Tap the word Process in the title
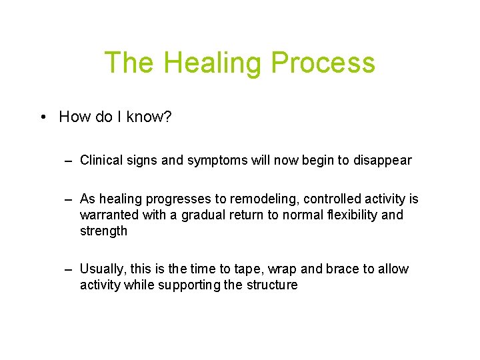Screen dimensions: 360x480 [323, 63]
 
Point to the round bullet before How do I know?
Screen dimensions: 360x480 [42, 117]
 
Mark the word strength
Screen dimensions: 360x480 [103, 231]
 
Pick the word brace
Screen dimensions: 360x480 [343, 269]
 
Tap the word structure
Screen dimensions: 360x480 [271, 285]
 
